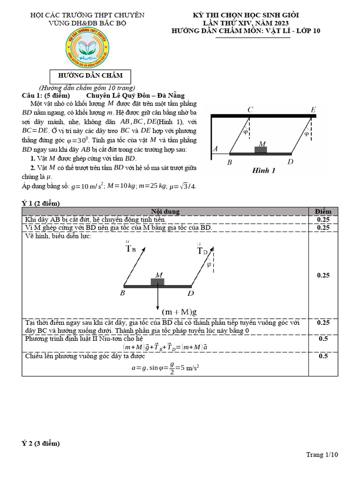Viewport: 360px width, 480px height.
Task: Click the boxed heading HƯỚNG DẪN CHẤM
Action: click(90, 75)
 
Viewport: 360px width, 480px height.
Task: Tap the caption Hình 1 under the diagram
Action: click(263, 171)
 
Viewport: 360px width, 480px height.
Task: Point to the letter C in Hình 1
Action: click(251, 110)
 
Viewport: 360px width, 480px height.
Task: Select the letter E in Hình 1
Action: click(313, 110)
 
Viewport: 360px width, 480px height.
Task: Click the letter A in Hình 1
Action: click(216, 149)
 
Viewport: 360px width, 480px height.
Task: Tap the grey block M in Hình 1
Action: click(261, 150)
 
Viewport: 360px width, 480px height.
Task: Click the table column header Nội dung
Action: click(165, 212)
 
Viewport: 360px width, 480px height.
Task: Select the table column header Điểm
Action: click(323, 212)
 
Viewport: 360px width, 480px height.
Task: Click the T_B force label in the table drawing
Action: click(131, 248)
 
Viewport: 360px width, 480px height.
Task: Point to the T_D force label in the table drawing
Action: click(202, 251)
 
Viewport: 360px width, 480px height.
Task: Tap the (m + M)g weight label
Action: click(180, 312)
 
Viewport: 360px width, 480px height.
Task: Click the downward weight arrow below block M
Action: click(157, 298)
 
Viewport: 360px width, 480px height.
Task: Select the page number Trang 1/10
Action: click(322, 455)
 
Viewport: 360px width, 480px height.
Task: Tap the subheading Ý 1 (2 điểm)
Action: click(41, 203)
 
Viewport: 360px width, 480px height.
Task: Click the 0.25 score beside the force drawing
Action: click(323, 276)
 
